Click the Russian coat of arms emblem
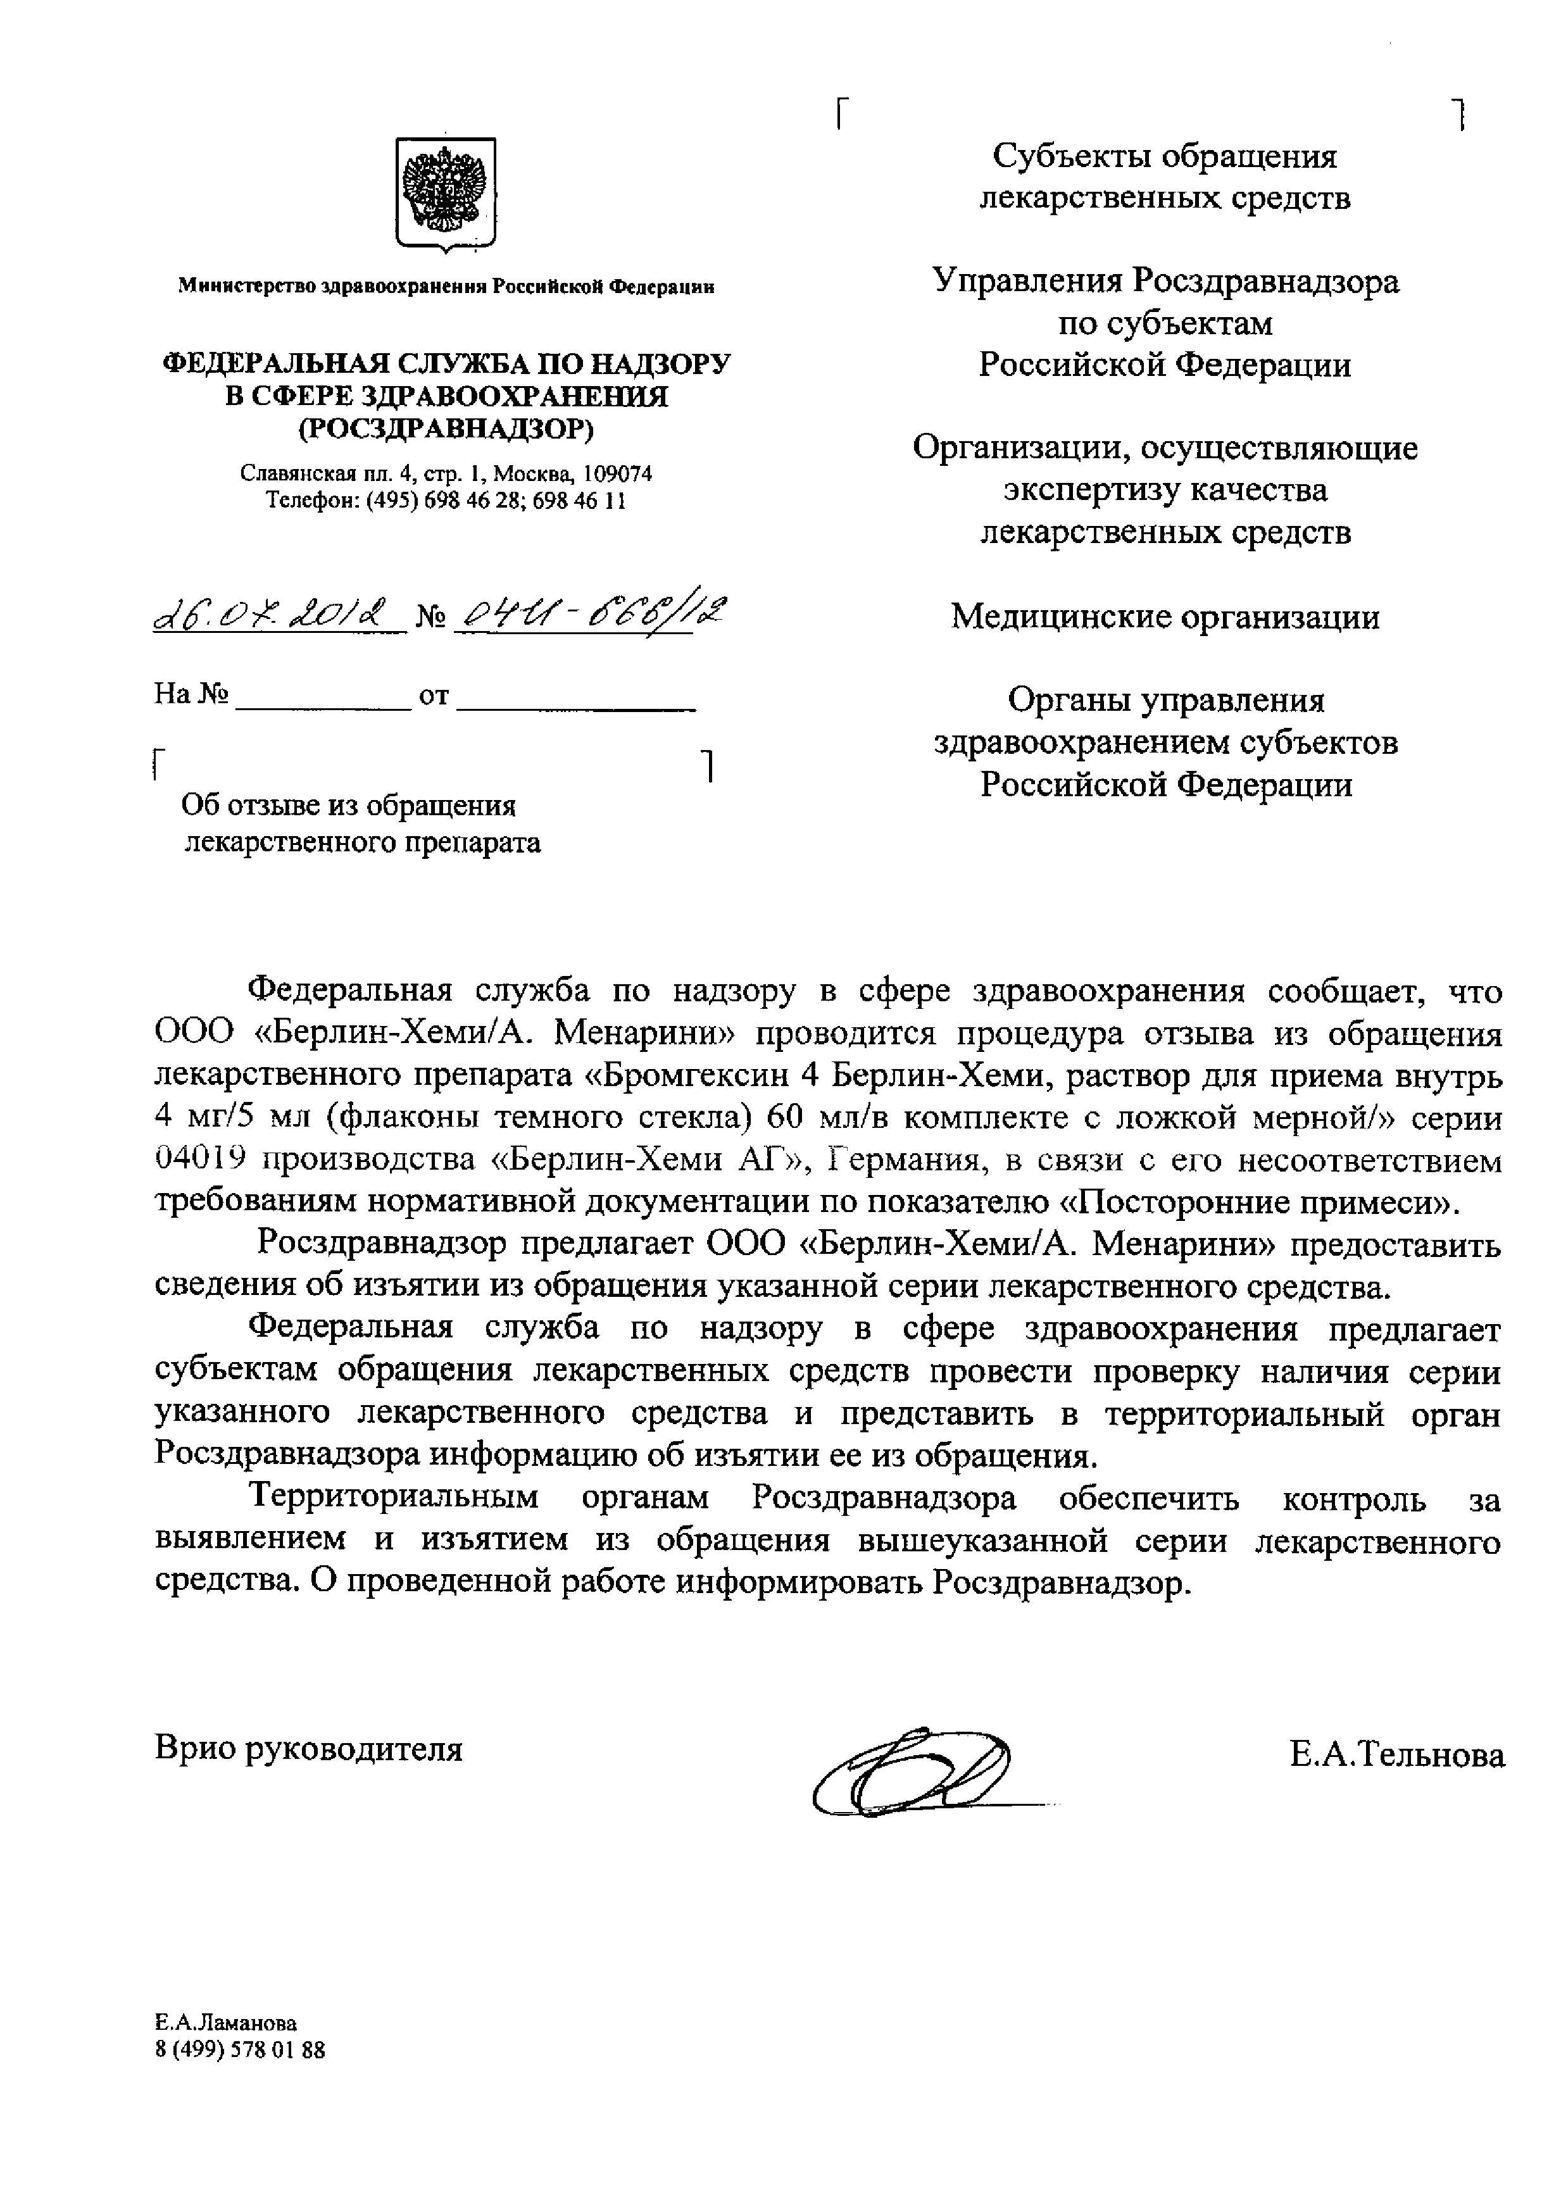pos(446,193)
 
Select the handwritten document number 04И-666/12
pos(591,612)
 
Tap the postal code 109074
pos(618,474)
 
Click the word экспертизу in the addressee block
pos(1091,490)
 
